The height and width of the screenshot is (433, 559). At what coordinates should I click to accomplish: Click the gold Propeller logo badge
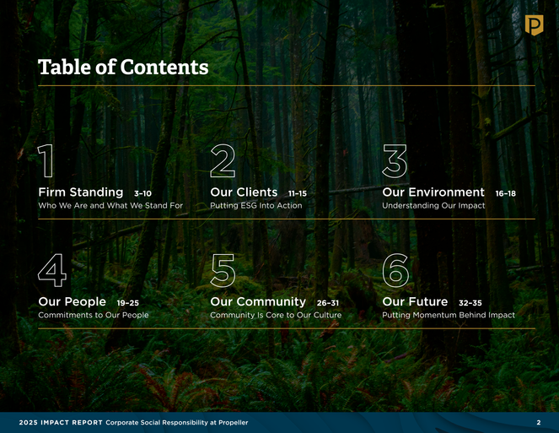(534, 25)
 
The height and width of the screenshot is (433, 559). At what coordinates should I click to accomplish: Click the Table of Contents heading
(123, 68)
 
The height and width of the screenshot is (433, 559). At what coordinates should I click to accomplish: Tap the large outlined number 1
(46, 160)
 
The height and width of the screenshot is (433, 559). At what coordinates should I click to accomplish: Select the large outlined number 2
(223, 160)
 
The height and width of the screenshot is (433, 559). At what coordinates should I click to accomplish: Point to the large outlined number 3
(395, 161)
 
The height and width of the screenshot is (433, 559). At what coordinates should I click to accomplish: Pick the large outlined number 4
(52, 270)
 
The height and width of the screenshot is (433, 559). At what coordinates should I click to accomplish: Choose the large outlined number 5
(223, 271)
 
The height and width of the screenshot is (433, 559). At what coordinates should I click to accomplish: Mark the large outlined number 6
(395, 270)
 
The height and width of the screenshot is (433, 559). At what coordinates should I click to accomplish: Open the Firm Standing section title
(81, 192)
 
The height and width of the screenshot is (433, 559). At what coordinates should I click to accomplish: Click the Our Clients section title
(244, 192)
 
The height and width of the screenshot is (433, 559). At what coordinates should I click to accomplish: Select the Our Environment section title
(433, 192)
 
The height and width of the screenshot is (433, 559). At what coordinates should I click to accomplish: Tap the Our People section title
(72, 301)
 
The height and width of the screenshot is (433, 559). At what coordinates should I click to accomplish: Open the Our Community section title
(258, 301)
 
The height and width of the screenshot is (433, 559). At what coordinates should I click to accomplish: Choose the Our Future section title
(415, 301)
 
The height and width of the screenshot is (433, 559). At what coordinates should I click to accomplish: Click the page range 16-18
(506, 193)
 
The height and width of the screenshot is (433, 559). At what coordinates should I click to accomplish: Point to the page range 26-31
(328, 303)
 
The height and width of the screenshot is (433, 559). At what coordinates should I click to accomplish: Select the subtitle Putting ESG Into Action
(256, 206)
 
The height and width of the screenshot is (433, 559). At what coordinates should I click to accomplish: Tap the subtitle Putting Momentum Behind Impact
(449, 315)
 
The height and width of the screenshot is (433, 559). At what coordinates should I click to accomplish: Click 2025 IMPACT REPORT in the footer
(61, 423)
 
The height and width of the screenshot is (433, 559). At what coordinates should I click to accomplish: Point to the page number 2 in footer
(539, 423)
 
